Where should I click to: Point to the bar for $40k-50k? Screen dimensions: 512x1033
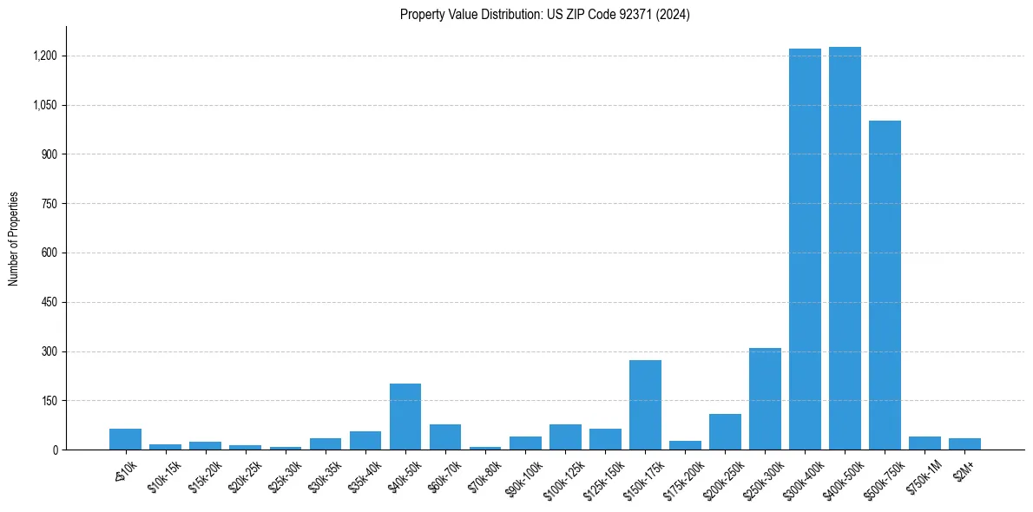click(x=405, y=417)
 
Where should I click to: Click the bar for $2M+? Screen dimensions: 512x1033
click(x=964, y=443)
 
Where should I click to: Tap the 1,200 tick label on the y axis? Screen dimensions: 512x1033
click(x=44, y=56)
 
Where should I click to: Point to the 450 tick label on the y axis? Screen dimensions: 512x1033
click(x=49, y=303)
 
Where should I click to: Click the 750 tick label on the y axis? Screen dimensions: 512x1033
click(x=49, y=204)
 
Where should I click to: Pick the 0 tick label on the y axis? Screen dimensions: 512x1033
click(x=54, y=450)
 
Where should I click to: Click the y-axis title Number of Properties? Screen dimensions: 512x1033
click(x=14, y=239)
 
